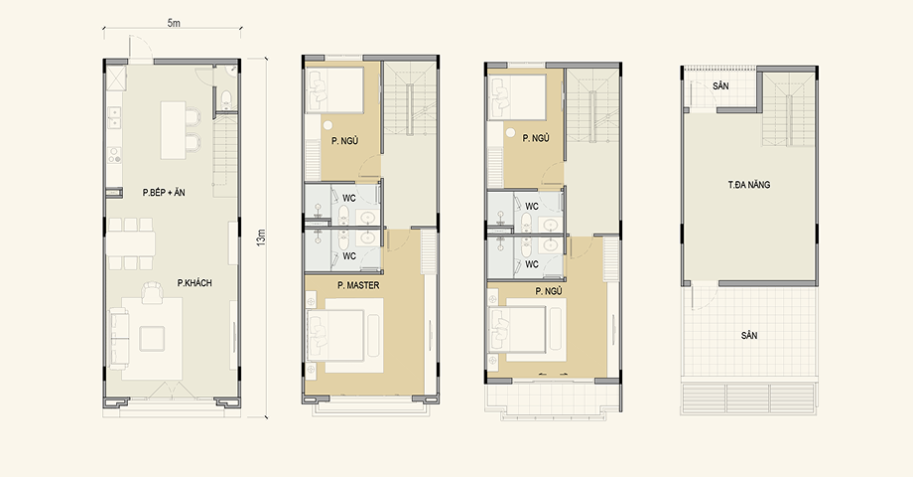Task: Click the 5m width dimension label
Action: [x=174, y=23]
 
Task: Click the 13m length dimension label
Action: [x=261, y=238]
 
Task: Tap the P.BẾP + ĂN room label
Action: [x=164, y=193]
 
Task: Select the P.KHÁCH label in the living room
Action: [x=195, y=283]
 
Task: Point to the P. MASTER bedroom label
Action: [x=358, y=286]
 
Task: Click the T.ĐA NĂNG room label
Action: [x=749, y=185]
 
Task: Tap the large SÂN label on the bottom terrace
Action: [x=749, y=336]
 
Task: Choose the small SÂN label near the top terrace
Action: [x=720, y=86]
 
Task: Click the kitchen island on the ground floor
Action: [x=173, y=130]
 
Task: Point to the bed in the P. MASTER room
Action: [x=343, y=333]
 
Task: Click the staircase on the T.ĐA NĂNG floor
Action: [x=788, y=109]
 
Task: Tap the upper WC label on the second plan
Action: [x=349, y=199]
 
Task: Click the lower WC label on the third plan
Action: [x=532, y=264]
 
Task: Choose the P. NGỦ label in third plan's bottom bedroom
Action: [x=549, y=291]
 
